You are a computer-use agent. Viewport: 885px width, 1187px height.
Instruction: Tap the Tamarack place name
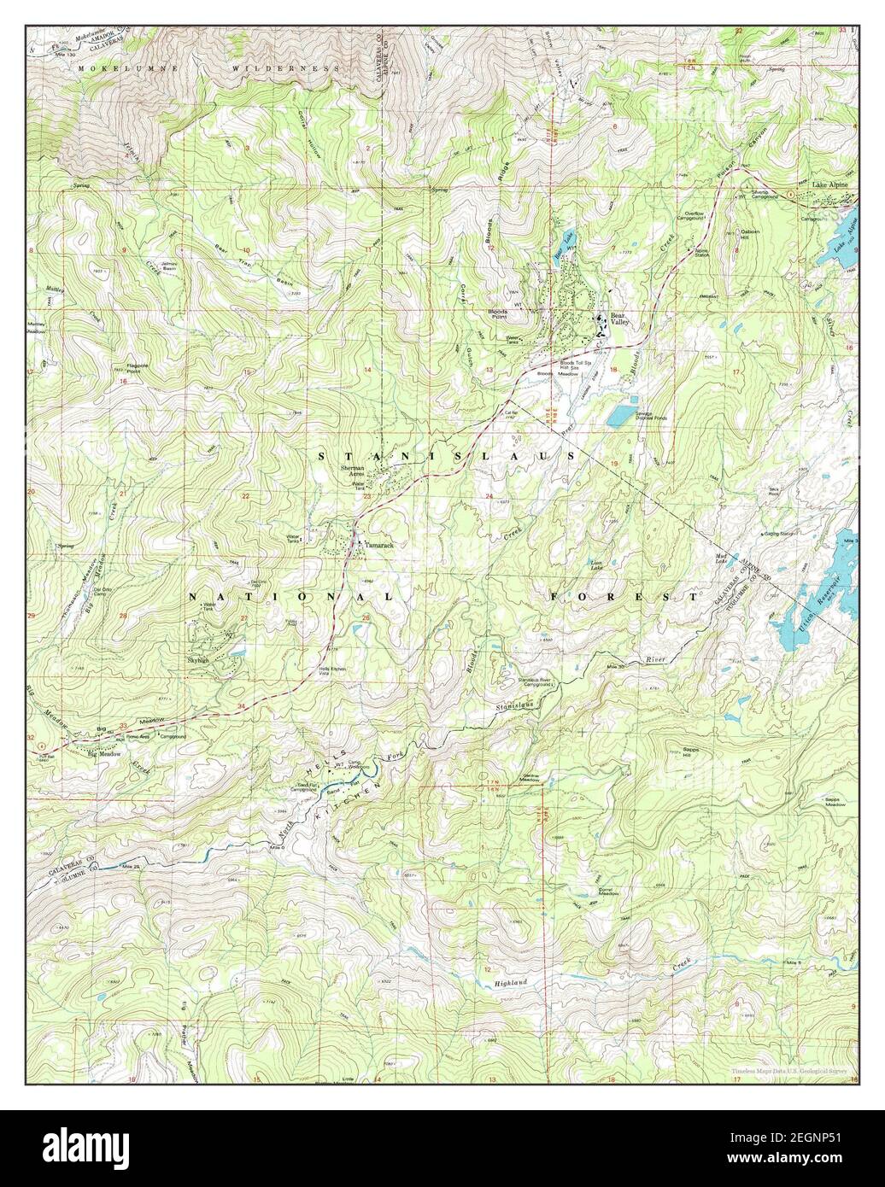pyautogui.click(x=379, y=544)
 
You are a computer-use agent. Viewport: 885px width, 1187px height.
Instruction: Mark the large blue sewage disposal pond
pyautogui.click(x=621, y=415)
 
